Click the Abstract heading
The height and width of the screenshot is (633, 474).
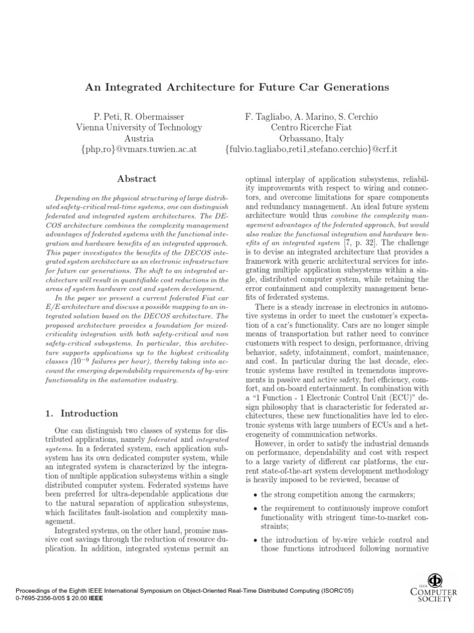point(136,179)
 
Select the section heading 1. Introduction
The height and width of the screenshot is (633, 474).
point(82,414)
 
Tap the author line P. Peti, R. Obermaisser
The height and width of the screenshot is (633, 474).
point(138,117)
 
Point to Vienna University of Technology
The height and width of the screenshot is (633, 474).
point(138,128)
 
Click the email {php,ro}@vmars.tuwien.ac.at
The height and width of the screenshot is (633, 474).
point(138,150)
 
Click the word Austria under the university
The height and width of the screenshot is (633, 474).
point(138,139)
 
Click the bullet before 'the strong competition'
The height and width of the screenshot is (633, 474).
point(255,477)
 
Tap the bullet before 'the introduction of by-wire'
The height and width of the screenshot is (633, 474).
point(255,540)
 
